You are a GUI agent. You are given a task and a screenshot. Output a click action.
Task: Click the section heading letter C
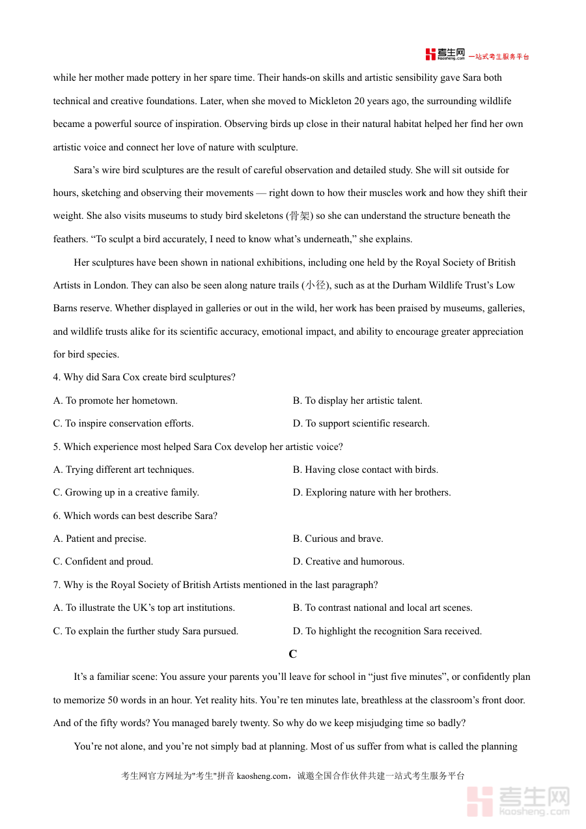[x=292, y=654]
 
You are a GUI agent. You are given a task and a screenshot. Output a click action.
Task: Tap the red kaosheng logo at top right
[x=445, y=54]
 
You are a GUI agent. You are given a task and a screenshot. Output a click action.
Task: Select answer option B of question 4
[x=357, y=400]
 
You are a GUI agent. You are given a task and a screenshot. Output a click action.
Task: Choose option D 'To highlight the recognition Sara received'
[x=387, y=631]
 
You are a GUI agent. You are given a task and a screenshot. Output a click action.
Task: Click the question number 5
[x=57, y=447]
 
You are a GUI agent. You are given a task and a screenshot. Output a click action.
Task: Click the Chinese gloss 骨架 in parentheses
[x=300, y=216]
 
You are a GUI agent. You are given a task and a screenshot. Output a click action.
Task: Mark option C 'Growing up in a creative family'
[x=126, y=492]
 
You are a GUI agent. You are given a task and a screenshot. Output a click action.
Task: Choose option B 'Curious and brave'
[x=338, y=539]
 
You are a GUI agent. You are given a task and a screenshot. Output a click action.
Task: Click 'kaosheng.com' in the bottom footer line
[x=262, y=776]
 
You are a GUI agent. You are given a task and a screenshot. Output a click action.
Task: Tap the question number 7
[x=57, y=585]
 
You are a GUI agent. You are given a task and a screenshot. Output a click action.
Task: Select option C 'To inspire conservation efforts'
[x=123, y=423]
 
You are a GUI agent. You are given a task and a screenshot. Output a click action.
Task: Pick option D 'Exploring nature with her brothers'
[x=372, y=492]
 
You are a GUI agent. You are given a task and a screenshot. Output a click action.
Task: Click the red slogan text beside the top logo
[x=499, y=57]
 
